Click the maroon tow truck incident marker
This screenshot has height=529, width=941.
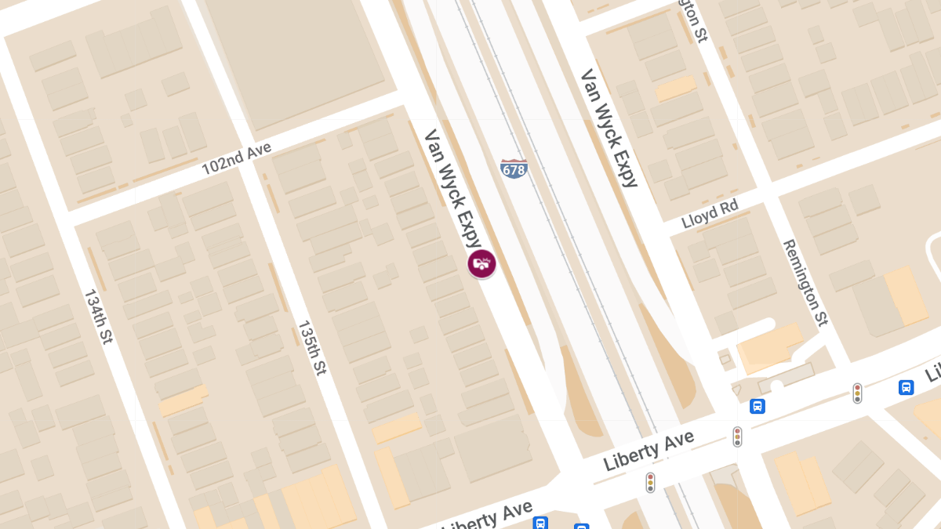point(481,264)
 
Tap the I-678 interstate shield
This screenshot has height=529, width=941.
point(514,168)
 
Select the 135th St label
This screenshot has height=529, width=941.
point(311,346)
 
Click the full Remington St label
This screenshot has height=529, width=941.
point(805,282)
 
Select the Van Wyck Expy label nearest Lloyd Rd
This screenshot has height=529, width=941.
point(609,129)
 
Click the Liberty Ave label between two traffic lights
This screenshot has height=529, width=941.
point(649,451)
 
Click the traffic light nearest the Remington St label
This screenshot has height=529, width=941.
point(857,393)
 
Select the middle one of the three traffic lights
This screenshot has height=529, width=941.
point(737,437)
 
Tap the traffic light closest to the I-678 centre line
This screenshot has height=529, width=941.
point(650,482)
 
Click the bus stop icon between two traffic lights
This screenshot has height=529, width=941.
point(758,406)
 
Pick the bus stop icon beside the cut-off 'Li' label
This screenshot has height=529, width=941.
point(906,387)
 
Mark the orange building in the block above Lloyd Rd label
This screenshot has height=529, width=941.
point(675,88)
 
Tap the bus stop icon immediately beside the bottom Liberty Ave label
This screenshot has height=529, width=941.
point(540,523)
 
